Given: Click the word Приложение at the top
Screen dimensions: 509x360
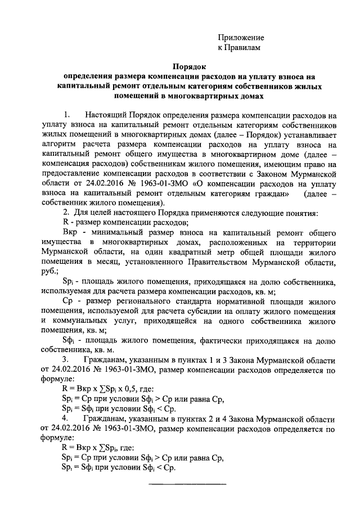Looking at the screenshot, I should click(x=241, y=38).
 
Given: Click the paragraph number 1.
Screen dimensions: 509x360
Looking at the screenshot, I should click(x=67, y=114).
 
